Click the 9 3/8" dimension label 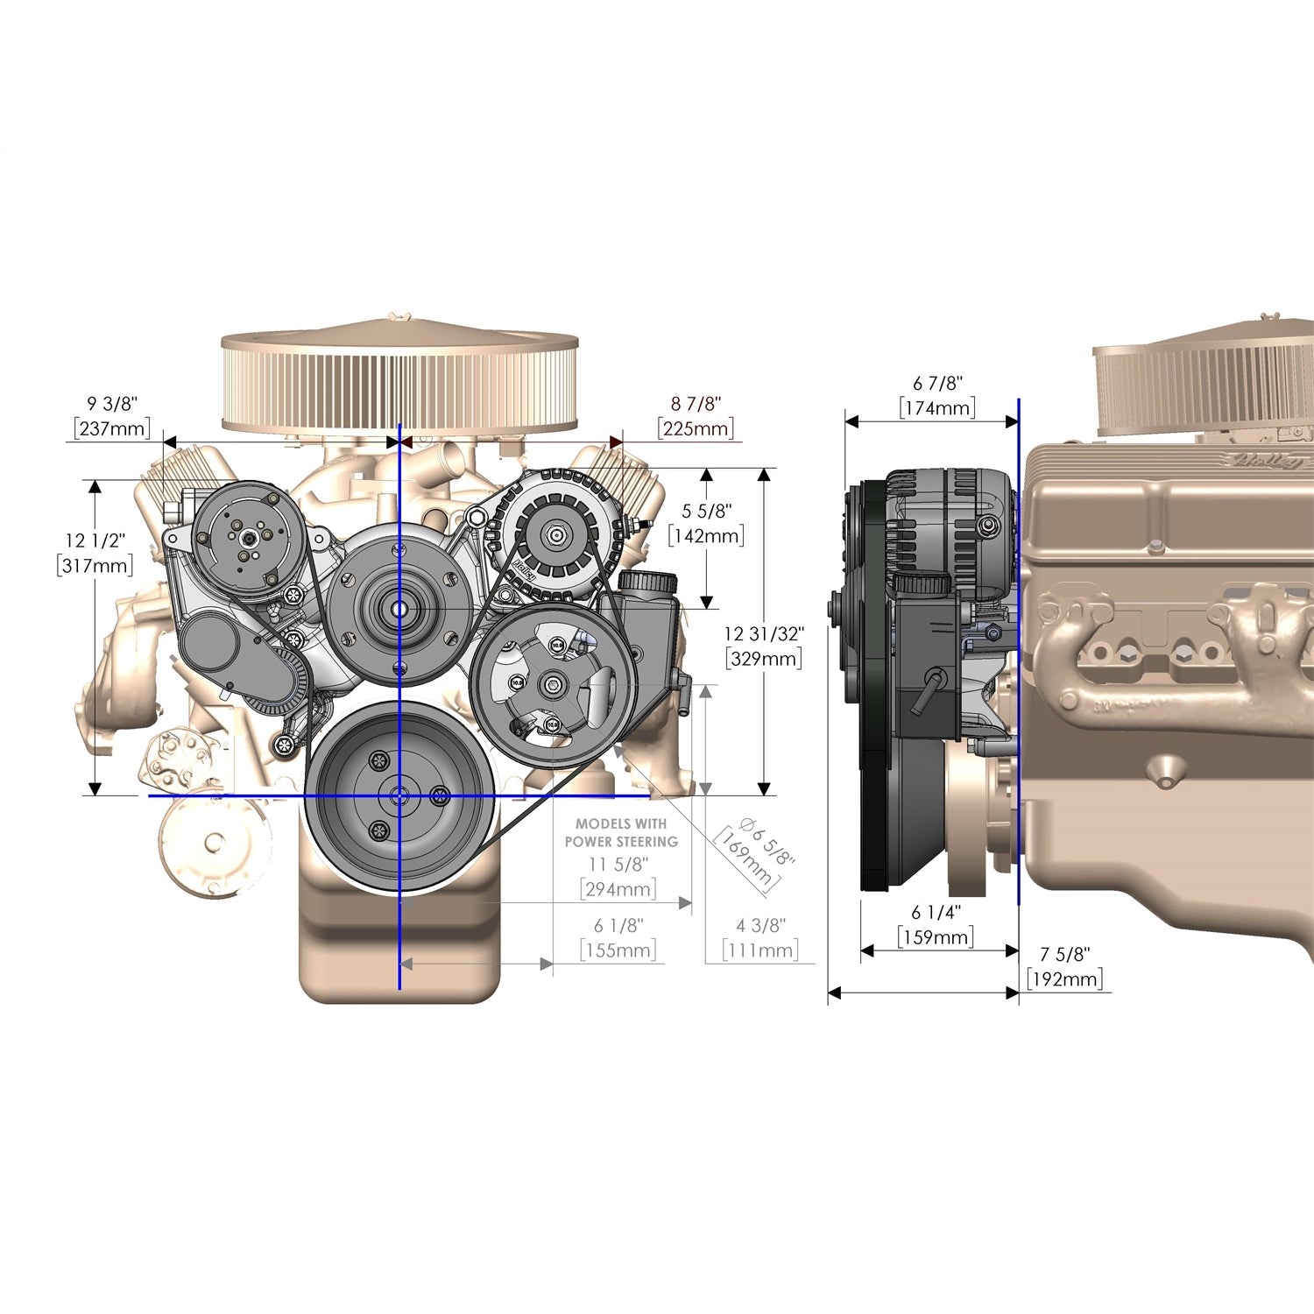(112, 404)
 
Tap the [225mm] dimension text (696, 428)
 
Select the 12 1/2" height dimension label (95, 541)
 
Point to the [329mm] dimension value (764, 658)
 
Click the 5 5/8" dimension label (706, 511)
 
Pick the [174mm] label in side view (937, 407)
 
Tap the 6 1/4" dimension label (936, 912)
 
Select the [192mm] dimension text (1064, 978)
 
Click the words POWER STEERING (621, 842)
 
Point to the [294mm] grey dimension (618, 889)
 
